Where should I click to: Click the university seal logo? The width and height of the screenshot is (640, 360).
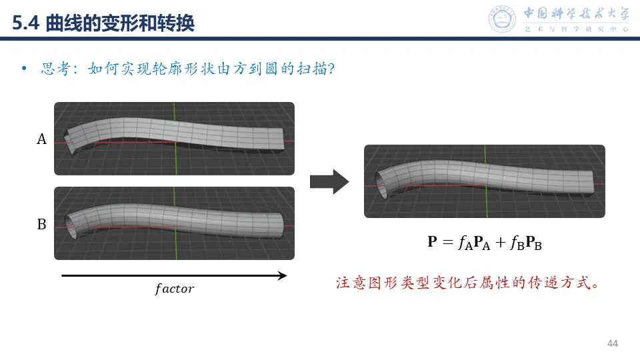pos(503,19)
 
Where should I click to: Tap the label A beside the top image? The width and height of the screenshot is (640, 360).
pos(41,139)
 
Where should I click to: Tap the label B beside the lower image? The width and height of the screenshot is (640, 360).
pos(41,225)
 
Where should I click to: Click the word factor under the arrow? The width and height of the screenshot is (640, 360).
pos(174,289)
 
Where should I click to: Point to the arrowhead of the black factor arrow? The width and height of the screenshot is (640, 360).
pos(282,275)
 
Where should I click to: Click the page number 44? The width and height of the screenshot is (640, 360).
pos(613,343)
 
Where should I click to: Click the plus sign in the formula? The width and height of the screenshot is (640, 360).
pos(501,243)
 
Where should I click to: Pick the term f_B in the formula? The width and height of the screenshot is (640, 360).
pos(518,243)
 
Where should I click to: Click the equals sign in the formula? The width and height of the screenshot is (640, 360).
pos(448,243)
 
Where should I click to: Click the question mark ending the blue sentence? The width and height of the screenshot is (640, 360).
pos(330,69)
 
